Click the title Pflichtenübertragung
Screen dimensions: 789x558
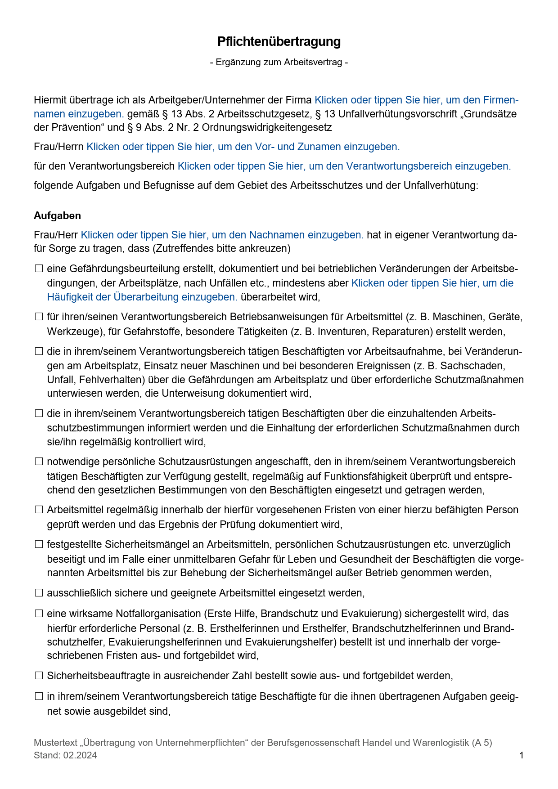coord(279,42)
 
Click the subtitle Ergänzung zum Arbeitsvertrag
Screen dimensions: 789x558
coord(279,63)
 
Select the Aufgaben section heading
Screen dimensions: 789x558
coord(57,216)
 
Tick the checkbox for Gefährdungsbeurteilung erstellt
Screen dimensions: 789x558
coord(39,269)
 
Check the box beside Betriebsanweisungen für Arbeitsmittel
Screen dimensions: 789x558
coord(39,317)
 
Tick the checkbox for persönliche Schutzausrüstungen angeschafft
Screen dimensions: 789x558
coord(39,462)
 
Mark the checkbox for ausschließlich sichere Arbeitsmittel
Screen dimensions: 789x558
coord(39,593)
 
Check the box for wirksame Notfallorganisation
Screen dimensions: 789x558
coord(39,614)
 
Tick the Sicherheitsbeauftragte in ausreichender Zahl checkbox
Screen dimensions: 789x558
coord(39,676)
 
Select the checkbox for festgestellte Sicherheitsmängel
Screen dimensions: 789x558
coord(39,545)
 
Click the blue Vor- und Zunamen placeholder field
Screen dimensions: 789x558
coord(243,147)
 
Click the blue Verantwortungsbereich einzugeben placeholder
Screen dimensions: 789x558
coord(344,166)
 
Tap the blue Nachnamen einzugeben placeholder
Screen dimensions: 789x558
coord(222,235)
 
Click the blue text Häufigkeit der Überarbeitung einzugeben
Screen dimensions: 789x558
coord(142,297)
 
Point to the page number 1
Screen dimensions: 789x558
coord(522,756)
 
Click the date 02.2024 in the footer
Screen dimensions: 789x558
coord(80,756)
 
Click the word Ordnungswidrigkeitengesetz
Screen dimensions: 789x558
coord(267,128)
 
